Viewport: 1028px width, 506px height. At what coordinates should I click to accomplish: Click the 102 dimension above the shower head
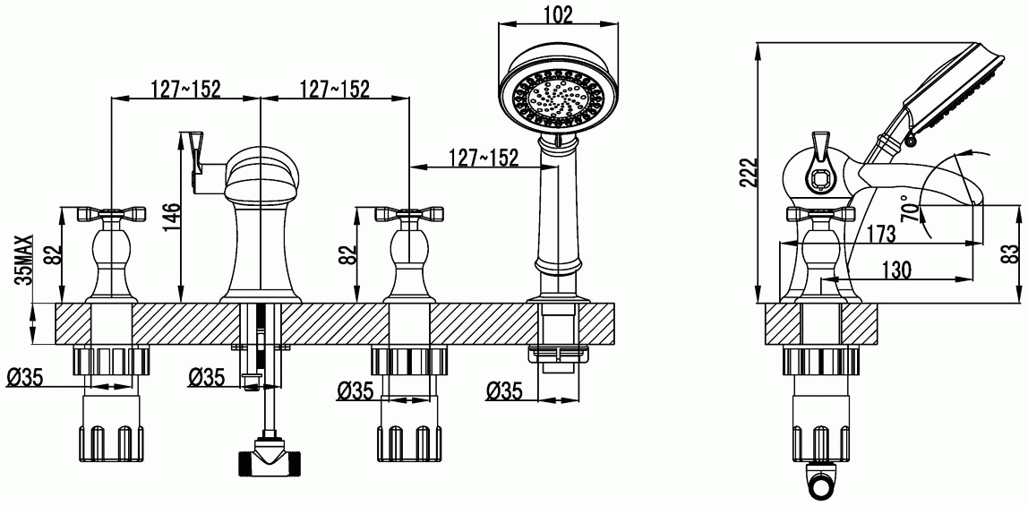coord(558,14)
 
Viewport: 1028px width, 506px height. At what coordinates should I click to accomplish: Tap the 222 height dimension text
coord(748,172)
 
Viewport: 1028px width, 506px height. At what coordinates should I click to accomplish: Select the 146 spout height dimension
coord(170,218)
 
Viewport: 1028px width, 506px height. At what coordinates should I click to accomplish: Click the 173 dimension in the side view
coord(880,233)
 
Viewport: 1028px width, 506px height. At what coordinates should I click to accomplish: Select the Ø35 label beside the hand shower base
coord(503,391)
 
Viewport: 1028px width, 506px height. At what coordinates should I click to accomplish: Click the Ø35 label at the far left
coord(24,377)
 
